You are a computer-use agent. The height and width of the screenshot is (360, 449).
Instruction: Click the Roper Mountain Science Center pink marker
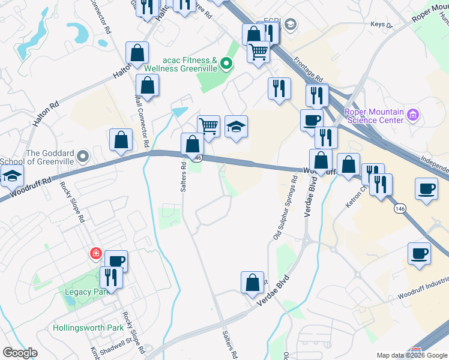coord(412,114)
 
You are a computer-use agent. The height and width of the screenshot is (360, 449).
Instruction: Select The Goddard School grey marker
coord(83,158)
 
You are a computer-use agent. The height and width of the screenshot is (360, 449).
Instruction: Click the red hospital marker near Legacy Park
coord(95,254)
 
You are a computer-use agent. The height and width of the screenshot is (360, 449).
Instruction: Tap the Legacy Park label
coord(85,292)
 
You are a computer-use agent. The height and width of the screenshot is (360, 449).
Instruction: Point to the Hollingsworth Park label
coord(88,328)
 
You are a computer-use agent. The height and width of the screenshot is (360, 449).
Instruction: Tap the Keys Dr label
coord(381,25)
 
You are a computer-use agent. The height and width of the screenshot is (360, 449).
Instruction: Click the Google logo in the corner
coord(20,353)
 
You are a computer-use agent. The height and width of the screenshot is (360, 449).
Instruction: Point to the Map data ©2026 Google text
coord(411,355)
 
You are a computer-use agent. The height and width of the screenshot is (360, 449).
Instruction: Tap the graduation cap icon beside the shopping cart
coord(237,127)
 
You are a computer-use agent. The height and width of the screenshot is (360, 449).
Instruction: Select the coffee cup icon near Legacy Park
coord(116,262)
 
